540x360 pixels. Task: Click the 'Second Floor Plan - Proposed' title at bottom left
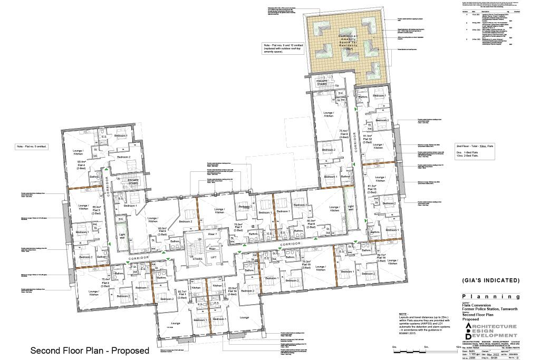click(x=90, y=351)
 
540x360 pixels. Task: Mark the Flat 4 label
click(x=82, y=164)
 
